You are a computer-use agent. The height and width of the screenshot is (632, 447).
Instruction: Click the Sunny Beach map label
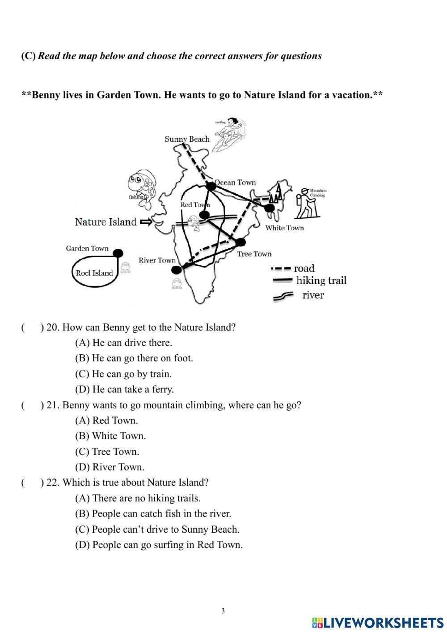187,139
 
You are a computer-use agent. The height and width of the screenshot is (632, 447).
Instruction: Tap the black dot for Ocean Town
211,185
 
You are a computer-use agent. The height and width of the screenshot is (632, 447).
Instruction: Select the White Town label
284,228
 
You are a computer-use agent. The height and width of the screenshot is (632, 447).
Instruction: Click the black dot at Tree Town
240,242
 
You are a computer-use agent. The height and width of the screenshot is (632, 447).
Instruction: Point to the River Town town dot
177,269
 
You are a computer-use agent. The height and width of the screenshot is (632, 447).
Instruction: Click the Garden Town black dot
118,254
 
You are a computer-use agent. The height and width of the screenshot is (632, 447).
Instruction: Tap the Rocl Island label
94,273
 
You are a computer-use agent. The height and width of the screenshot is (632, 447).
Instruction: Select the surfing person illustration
229,133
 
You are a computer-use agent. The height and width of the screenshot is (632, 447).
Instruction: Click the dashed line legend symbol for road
281,269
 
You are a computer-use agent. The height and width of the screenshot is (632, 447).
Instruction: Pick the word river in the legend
313,295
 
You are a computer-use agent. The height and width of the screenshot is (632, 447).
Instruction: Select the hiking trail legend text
321,281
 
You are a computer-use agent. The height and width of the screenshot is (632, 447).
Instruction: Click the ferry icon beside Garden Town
126,267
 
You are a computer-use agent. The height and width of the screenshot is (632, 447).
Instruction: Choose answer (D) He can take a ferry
124,389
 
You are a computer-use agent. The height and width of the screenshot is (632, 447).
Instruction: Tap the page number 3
223,611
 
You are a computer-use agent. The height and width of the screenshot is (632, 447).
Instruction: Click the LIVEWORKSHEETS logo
378,623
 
